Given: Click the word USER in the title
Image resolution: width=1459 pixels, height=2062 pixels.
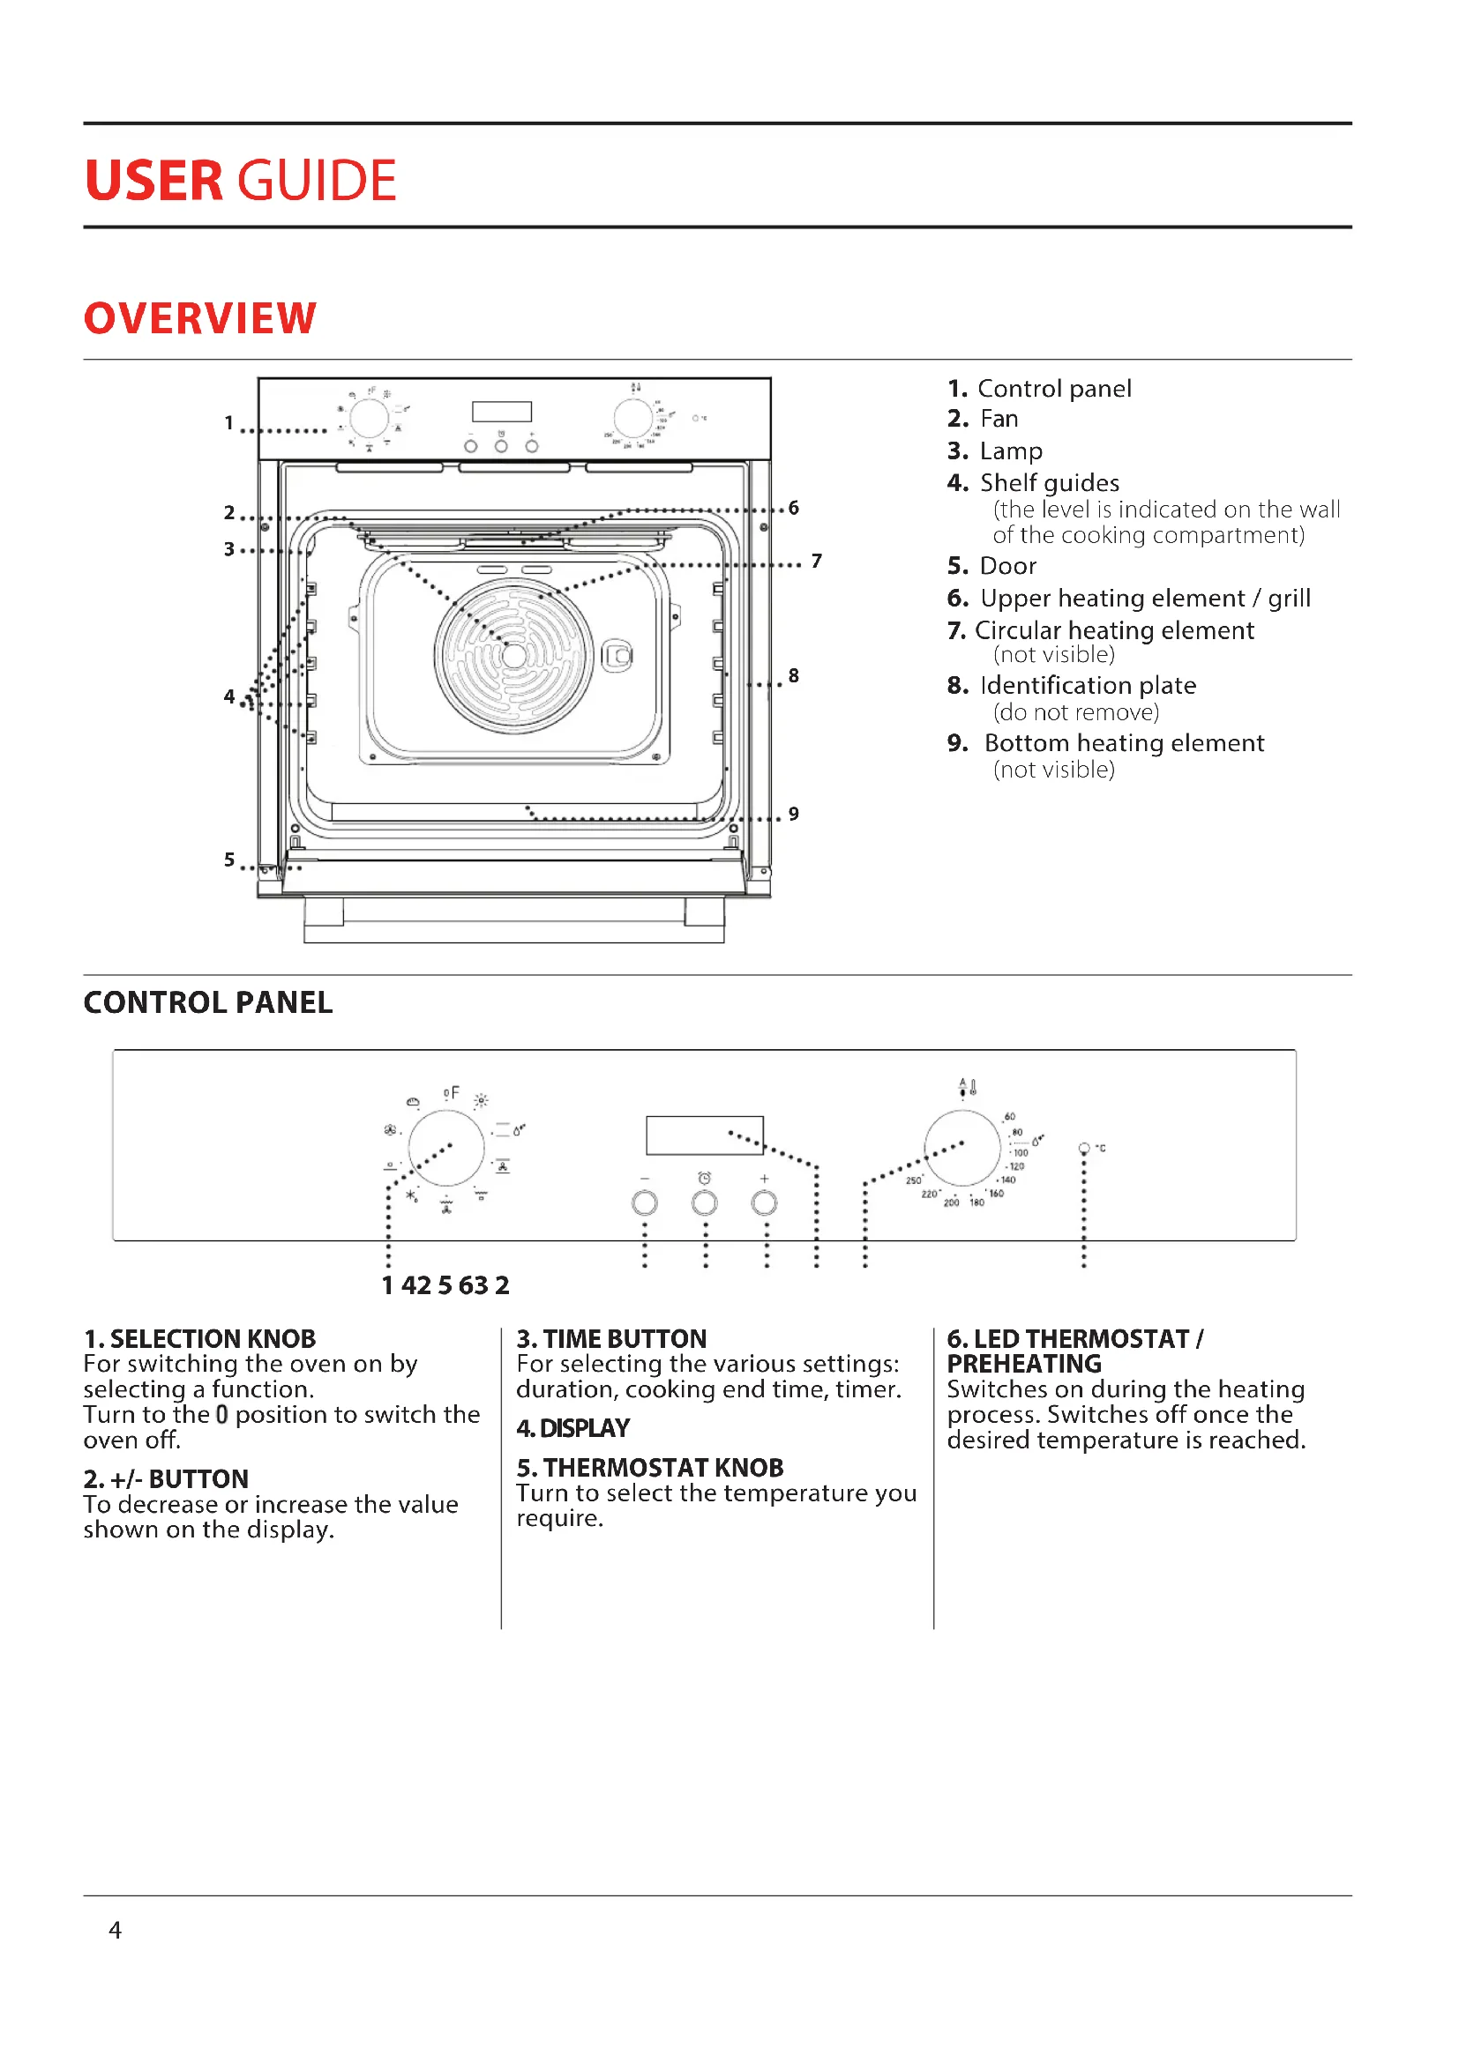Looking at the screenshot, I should tap(153, 181).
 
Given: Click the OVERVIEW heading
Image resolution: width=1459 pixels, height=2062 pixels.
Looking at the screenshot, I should tap(199, 319).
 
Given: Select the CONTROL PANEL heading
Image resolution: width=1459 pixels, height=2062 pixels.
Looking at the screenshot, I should tap(207, 1002).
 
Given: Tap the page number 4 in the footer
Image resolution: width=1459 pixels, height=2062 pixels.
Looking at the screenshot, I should tap(115, 1929).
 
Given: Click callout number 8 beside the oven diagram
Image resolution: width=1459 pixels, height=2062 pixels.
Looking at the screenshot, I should tap(793, 675).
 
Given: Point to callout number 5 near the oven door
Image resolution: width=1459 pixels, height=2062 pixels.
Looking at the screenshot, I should tap(229, 860).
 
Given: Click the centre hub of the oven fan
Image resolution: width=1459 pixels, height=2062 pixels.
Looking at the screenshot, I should tap(514, 656).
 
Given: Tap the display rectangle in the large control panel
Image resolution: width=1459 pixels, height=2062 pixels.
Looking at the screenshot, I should tap(704, 1135).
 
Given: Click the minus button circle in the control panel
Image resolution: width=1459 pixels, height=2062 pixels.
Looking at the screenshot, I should tap(644, 1202).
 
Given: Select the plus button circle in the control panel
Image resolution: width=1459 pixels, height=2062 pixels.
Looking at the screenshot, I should tap(764, 1202).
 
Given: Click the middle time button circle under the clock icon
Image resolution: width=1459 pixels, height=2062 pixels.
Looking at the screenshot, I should tap(704, 1202).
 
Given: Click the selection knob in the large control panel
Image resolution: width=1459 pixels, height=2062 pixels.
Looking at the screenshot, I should tap(446, 1148).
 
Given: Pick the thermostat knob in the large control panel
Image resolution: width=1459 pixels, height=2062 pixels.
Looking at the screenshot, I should tap(962, 1148).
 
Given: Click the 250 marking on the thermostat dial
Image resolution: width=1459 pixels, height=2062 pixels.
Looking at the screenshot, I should tap(914, 1180).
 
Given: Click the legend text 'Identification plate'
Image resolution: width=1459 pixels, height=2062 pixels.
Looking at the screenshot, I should tap(1088, 685).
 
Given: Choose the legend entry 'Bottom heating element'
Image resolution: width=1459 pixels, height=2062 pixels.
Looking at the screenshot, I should tap(1124, 742).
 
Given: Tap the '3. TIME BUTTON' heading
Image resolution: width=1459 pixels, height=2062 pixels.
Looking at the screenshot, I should tap(611, 1338).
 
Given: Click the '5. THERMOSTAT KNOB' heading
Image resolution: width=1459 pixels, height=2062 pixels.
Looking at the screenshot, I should tap(649, 1468).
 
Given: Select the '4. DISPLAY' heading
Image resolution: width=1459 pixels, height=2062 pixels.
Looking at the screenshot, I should tap(573, 1428).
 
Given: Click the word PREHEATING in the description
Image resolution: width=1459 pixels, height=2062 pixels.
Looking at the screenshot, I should tap(1024, 1363).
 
